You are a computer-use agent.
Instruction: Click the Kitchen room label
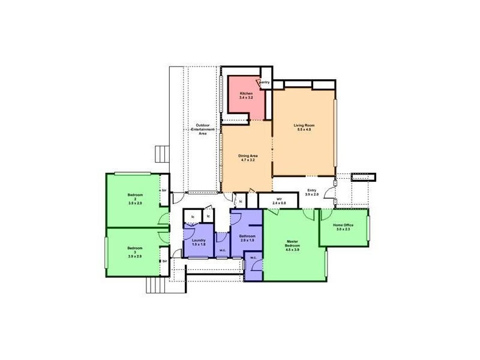tap(247, 94)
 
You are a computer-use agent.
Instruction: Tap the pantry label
tap(264, 82)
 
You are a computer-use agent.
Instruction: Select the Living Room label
tap(304, 125)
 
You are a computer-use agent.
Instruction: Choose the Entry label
tap(311, 190)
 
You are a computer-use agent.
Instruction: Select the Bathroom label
tap(247, 236)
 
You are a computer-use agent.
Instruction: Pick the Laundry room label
tap(199, 240)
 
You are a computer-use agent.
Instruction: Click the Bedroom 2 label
tap(134, 197)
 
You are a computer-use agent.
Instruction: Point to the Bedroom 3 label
tap(134, 251)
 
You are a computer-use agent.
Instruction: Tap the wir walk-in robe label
tap(280, 198)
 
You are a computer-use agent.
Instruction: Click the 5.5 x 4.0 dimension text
tap(304, 130)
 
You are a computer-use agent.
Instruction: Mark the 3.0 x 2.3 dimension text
tap(344, 229)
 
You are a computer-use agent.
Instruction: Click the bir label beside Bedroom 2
tap(163, 191)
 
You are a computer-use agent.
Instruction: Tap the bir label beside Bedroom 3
tap(163, 261)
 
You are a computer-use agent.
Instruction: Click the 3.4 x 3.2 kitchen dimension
tap(247, 98)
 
